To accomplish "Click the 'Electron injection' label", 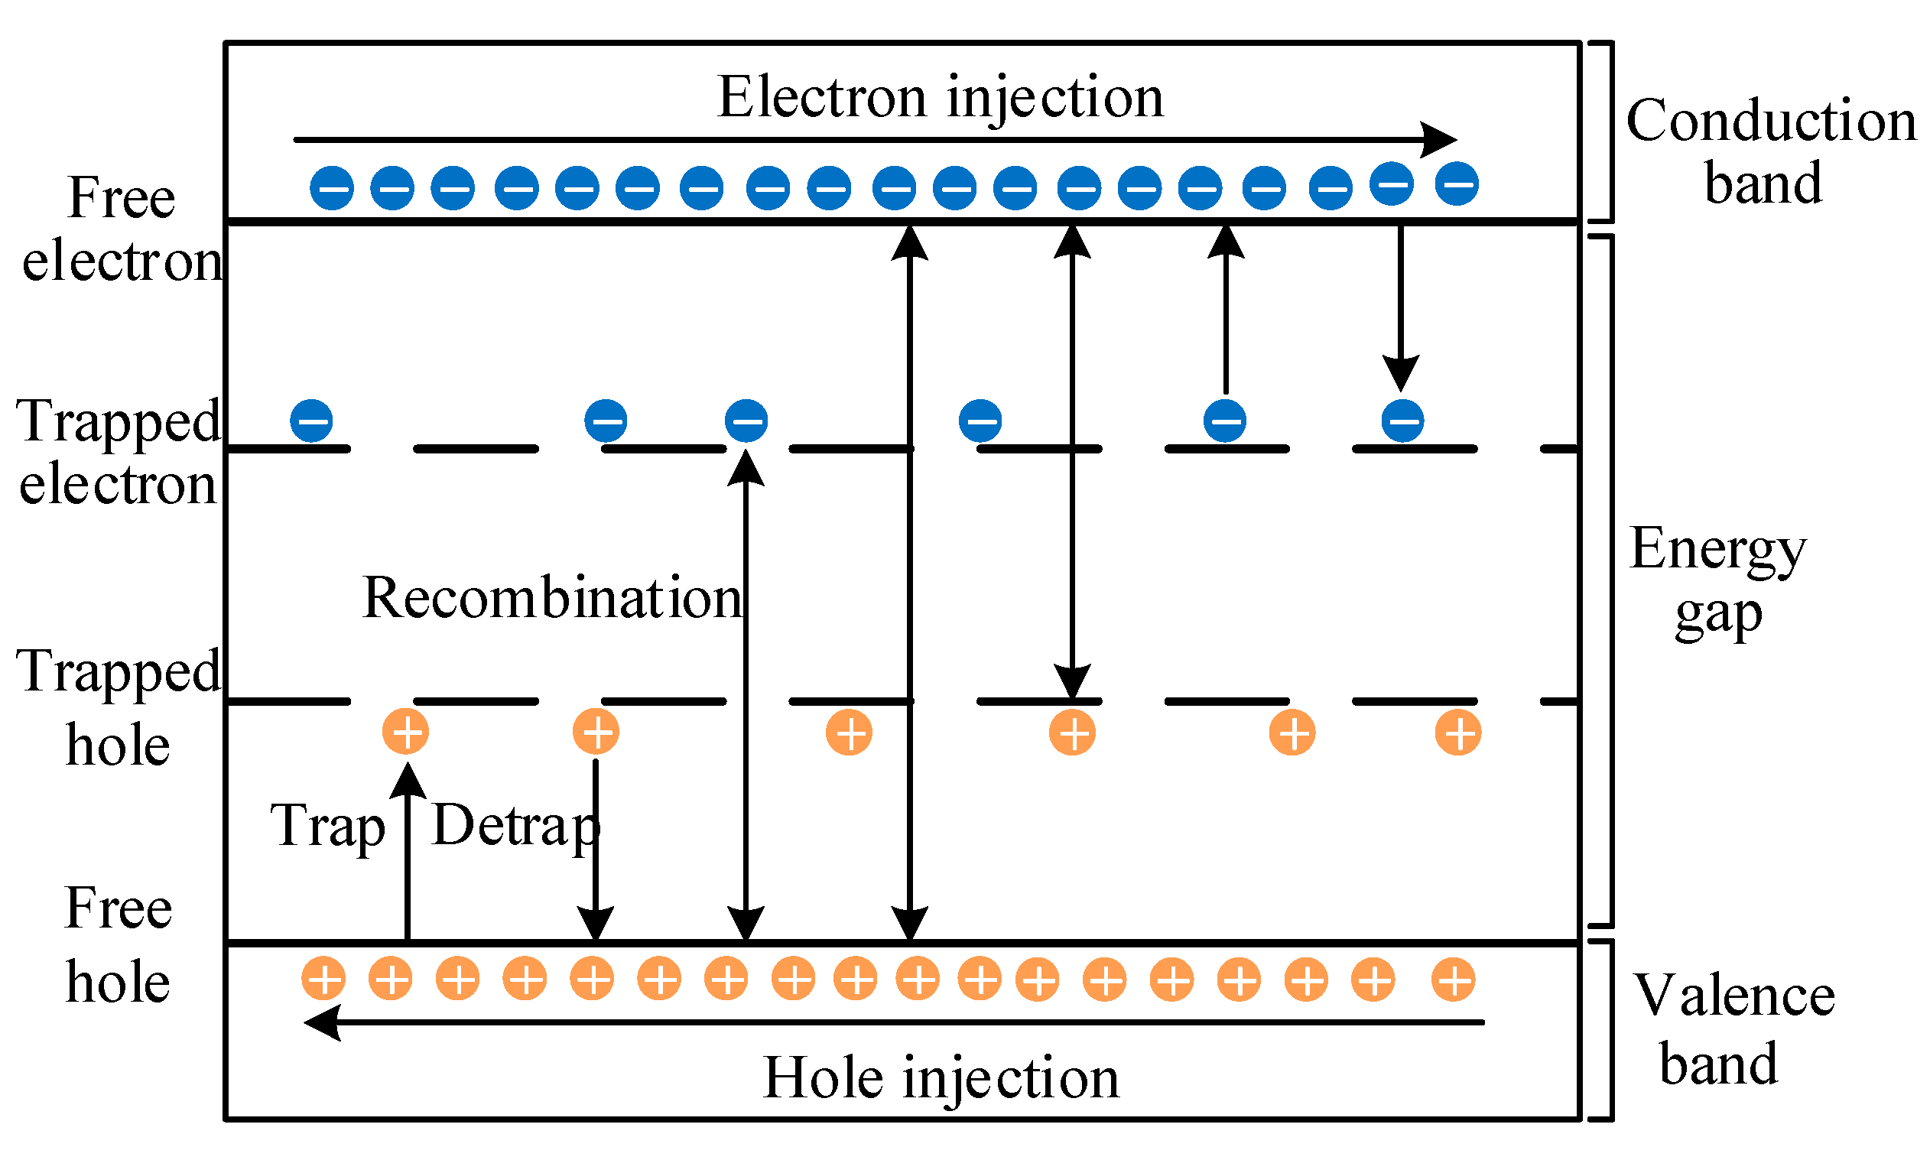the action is click(x=941, y=99).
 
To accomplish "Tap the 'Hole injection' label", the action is click(x=941, y=1078).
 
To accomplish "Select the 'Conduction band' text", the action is click(x=1770, y=151).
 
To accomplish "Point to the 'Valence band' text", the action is click(x=1733, y=1029).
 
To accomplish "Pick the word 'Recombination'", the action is click(x=552, y=598).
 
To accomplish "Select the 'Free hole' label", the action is click(x=118, y=945).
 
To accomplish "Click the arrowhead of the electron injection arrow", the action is click(x=1439, y=140).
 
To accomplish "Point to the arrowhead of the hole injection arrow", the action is click(x=323, y=1022).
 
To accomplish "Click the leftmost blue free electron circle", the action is click(x=331, y=187).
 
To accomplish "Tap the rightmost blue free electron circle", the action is click(x=1457, y=184).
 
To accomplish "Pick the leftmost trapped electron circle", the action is click(x=311, y=421).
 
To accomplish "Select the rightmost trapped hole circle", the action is click(x=1458, y=733).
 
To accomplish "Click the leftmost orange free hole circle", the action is click(x=323, y=979).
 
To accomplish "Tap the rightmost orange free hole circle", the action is click(x=1453, y=979).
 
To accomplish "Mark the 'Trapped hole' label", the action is click(x=119, y=708).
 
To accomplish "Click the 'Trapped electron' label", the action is click(x=119, y=452).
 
